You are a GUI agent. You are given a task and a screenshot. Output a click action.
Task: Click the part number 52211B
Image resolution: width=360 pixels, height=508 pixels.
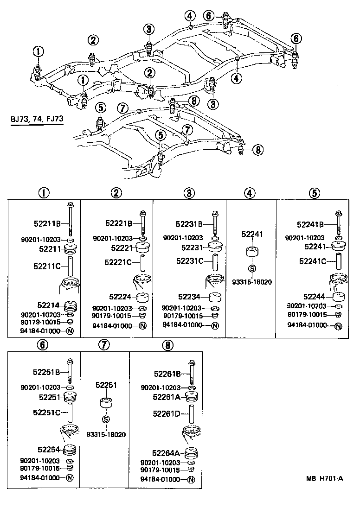tap(47, 224)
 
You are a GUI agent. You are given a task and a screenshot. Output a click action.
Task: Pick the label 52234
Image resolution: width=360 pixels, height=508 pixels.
tap(189, 297)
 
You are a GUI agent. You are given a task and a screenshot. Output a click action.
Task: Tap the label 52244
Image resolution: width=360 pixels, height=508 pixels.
tap(315, 297)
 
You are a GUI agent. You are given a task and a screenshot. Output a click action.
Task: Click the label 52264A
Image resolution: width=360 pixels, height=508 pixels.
tap(166, 453)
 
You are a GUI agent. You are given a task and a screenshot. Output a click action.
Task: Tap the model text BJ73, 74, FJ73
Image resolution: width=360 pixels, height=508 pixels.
tap(37, 119)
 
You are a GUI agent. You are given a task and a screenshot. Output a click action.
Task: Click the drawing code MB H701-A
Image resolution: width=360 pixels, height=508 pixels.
tap(324, 479)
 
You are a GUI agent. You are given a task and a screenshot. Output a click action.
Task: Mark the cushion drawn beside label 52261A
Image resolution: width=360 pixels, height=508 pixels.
tap(192, 397)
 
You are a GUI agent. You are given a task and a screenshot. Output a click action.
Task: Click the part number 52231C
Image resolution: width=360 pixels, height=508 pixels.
tap(190, 261)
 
